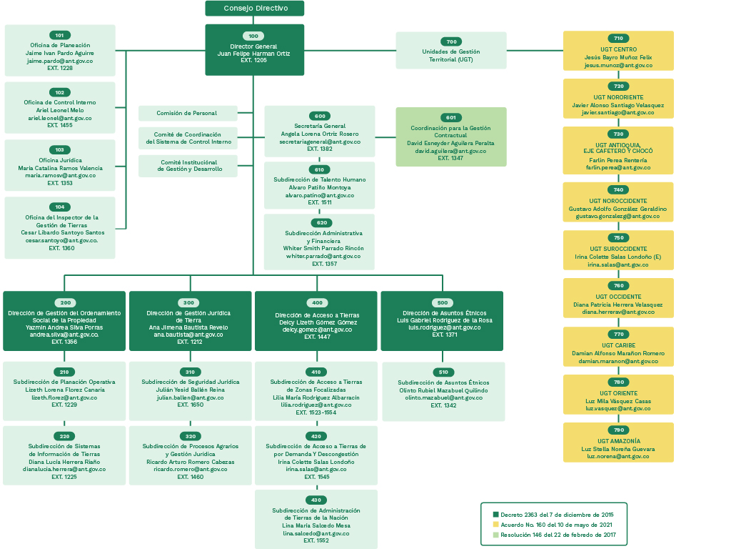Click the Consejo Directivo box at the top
pos(255,9)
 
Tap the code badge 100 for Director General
pos(253,36)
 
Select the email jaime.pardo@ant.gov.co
pos(60,61)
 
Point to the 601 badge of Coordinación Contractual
pos(450,117)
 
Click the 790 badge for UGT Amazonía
pos(618,430)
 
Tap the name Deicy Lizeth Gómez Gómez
pos(316,322)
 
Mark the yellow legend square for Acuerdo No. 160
pos(496,524)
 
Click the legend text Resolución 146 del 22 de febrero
pos(558,534)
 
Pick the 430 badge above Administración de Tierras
pos(316,500)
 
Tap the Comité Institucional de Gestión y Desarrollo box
pos(188,166)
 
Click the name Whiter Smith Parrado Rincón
pos(323,248)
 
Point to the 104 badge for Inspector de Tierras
pos(60,207)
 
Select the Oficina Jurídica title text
pos(60,160)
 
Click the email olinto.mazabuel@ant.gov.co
pos(443,397)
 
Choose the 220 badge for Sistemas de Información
pos(65,436)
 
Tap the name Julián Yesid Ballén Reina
pos(190,390)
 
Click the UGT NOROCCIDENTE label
pos(618,201)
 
